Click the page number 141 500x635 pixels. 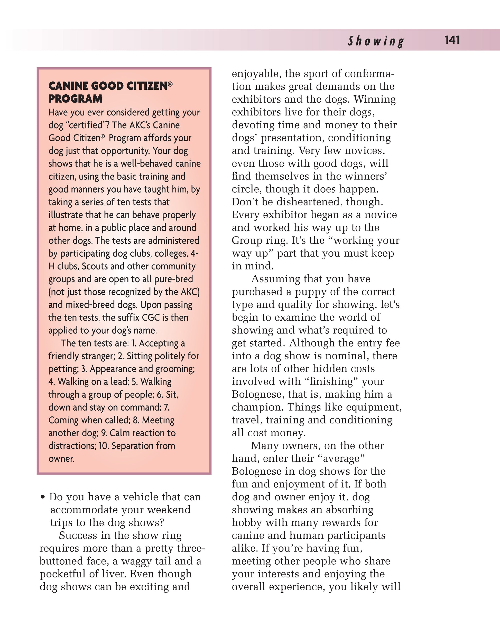(x=452, y=40)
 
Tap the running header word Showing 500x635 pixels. (x=376, y=41)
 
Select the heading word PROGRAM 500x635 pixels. (x=76, y=99)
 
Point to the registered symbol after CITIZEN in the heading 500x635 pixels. (x=170, y=84)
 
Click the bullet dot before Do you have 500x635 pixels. (x=43, y=497)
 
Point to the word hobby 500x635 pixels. (x=244, y=523)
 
